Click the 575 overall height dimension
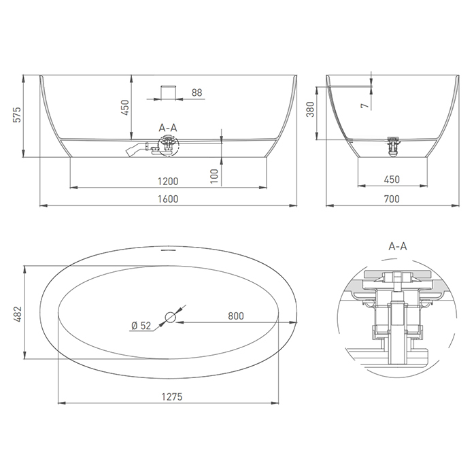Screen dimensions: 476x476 [18, 114]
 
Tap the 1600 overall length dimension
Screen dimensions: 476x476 [168, 199]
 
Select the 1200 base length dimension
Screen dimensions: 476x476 [168, 182]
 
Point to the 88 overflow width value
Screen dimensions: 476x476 [197, 92]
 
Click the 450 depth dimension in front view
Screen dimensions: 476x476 [125, 107]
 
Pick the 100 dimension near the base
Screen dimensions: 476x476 [214, 176]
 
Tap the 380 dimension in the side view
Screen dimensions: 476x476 [310, 109]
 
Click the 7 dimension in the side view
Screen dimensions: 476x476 [364, 105]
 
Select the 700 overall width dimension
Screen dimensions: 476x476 [392, 199]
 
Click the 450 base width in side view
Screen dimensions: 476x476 [392, 180]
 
